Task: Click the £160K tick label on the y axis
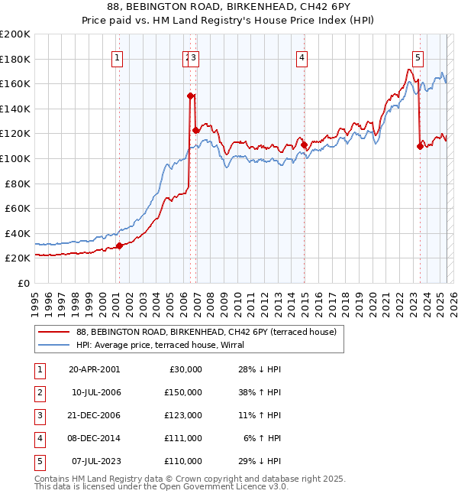pyautogui.click(x=15, y=83)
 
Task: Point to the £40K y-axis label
pyautogui.click(x=18, y=233)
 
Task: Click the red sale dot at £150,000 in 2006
pyautogui.click(x=190, y=96)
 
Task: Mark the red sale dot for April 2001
pyautogui.click(x=119, y=245)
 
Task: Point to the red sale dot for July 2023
pyautogui.click(x=420, y=146)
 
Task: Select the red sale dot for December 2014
pyautogui.click(x=304, y=145)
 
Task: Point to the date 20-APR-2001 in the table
pyautogui.click(x=94, y=369)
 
